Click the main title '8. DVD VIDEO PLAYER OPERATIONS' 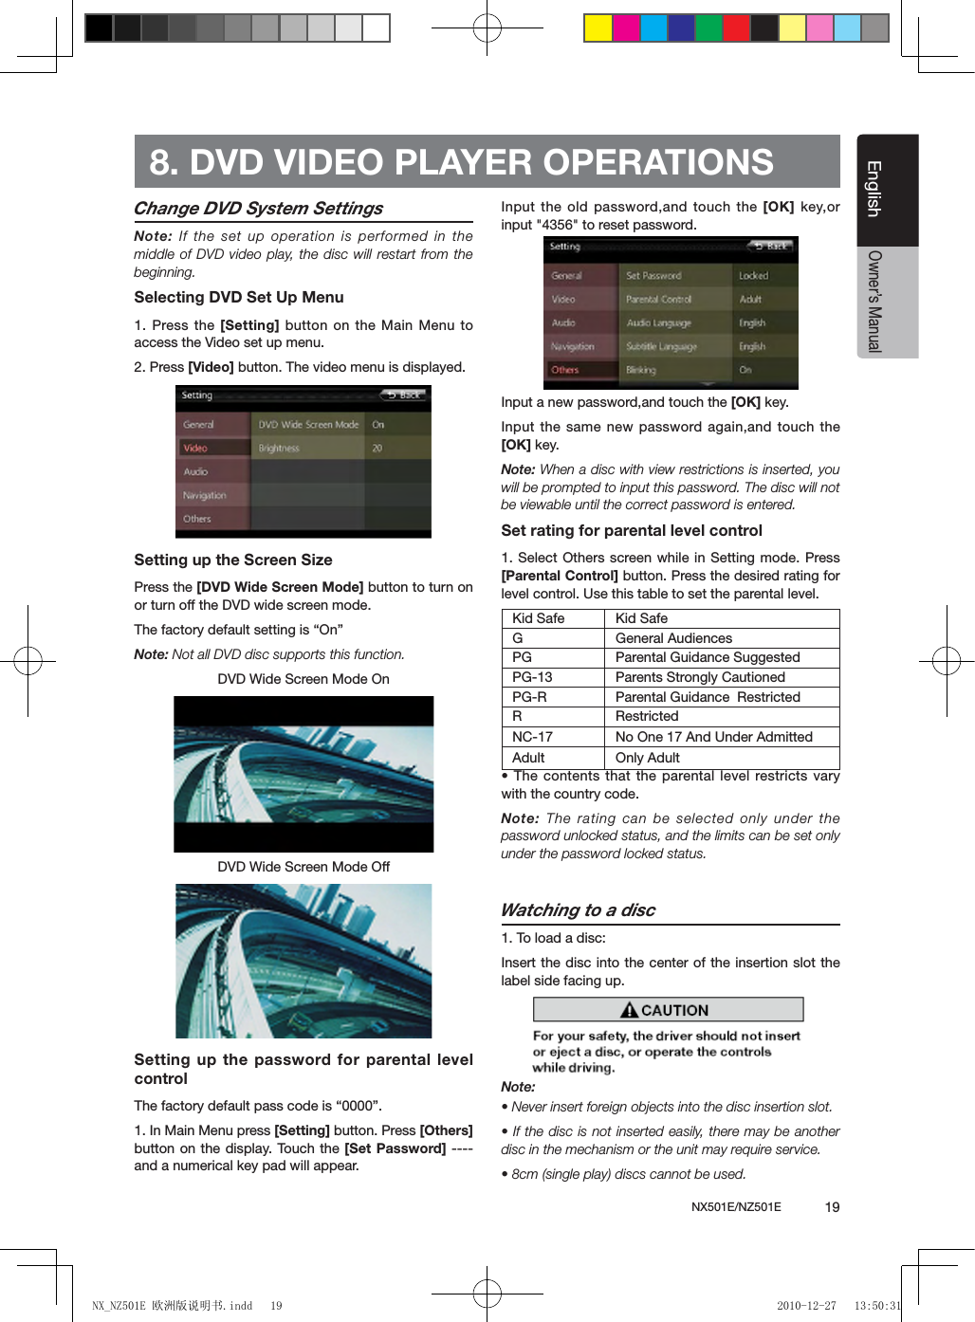(461, 162)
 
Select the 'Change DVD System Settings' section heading (258, 209)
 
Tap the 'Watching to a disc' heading (578, 910)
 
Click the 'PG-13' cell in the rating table (532, 677)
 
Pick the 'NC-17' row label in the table (532, 737)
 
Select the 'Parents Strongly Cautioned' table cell (700, 677)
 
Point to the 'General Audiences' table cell (673, 638)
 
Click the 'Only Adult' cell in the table (648, 758)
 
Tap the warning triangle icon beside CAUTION (629, 1010)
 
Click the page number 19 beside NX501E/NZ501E (832, 1207)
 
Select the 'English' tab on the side (874, 189)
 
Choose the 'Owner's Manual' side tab (874, 302)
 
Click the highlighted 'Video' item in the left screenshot (196, 448)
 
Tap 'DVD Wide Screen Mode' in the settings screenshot (308, 425)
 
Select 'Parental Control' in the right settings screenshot (659, 300)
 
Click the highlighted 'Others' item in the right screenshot (565, 370)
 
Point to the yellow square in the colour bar (598, 28)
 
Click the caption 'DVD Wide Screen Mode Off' (304, 867)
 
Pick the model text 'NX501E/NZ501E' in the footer (736, 1207)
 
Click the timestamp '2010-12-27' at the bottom (806, 1306)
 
